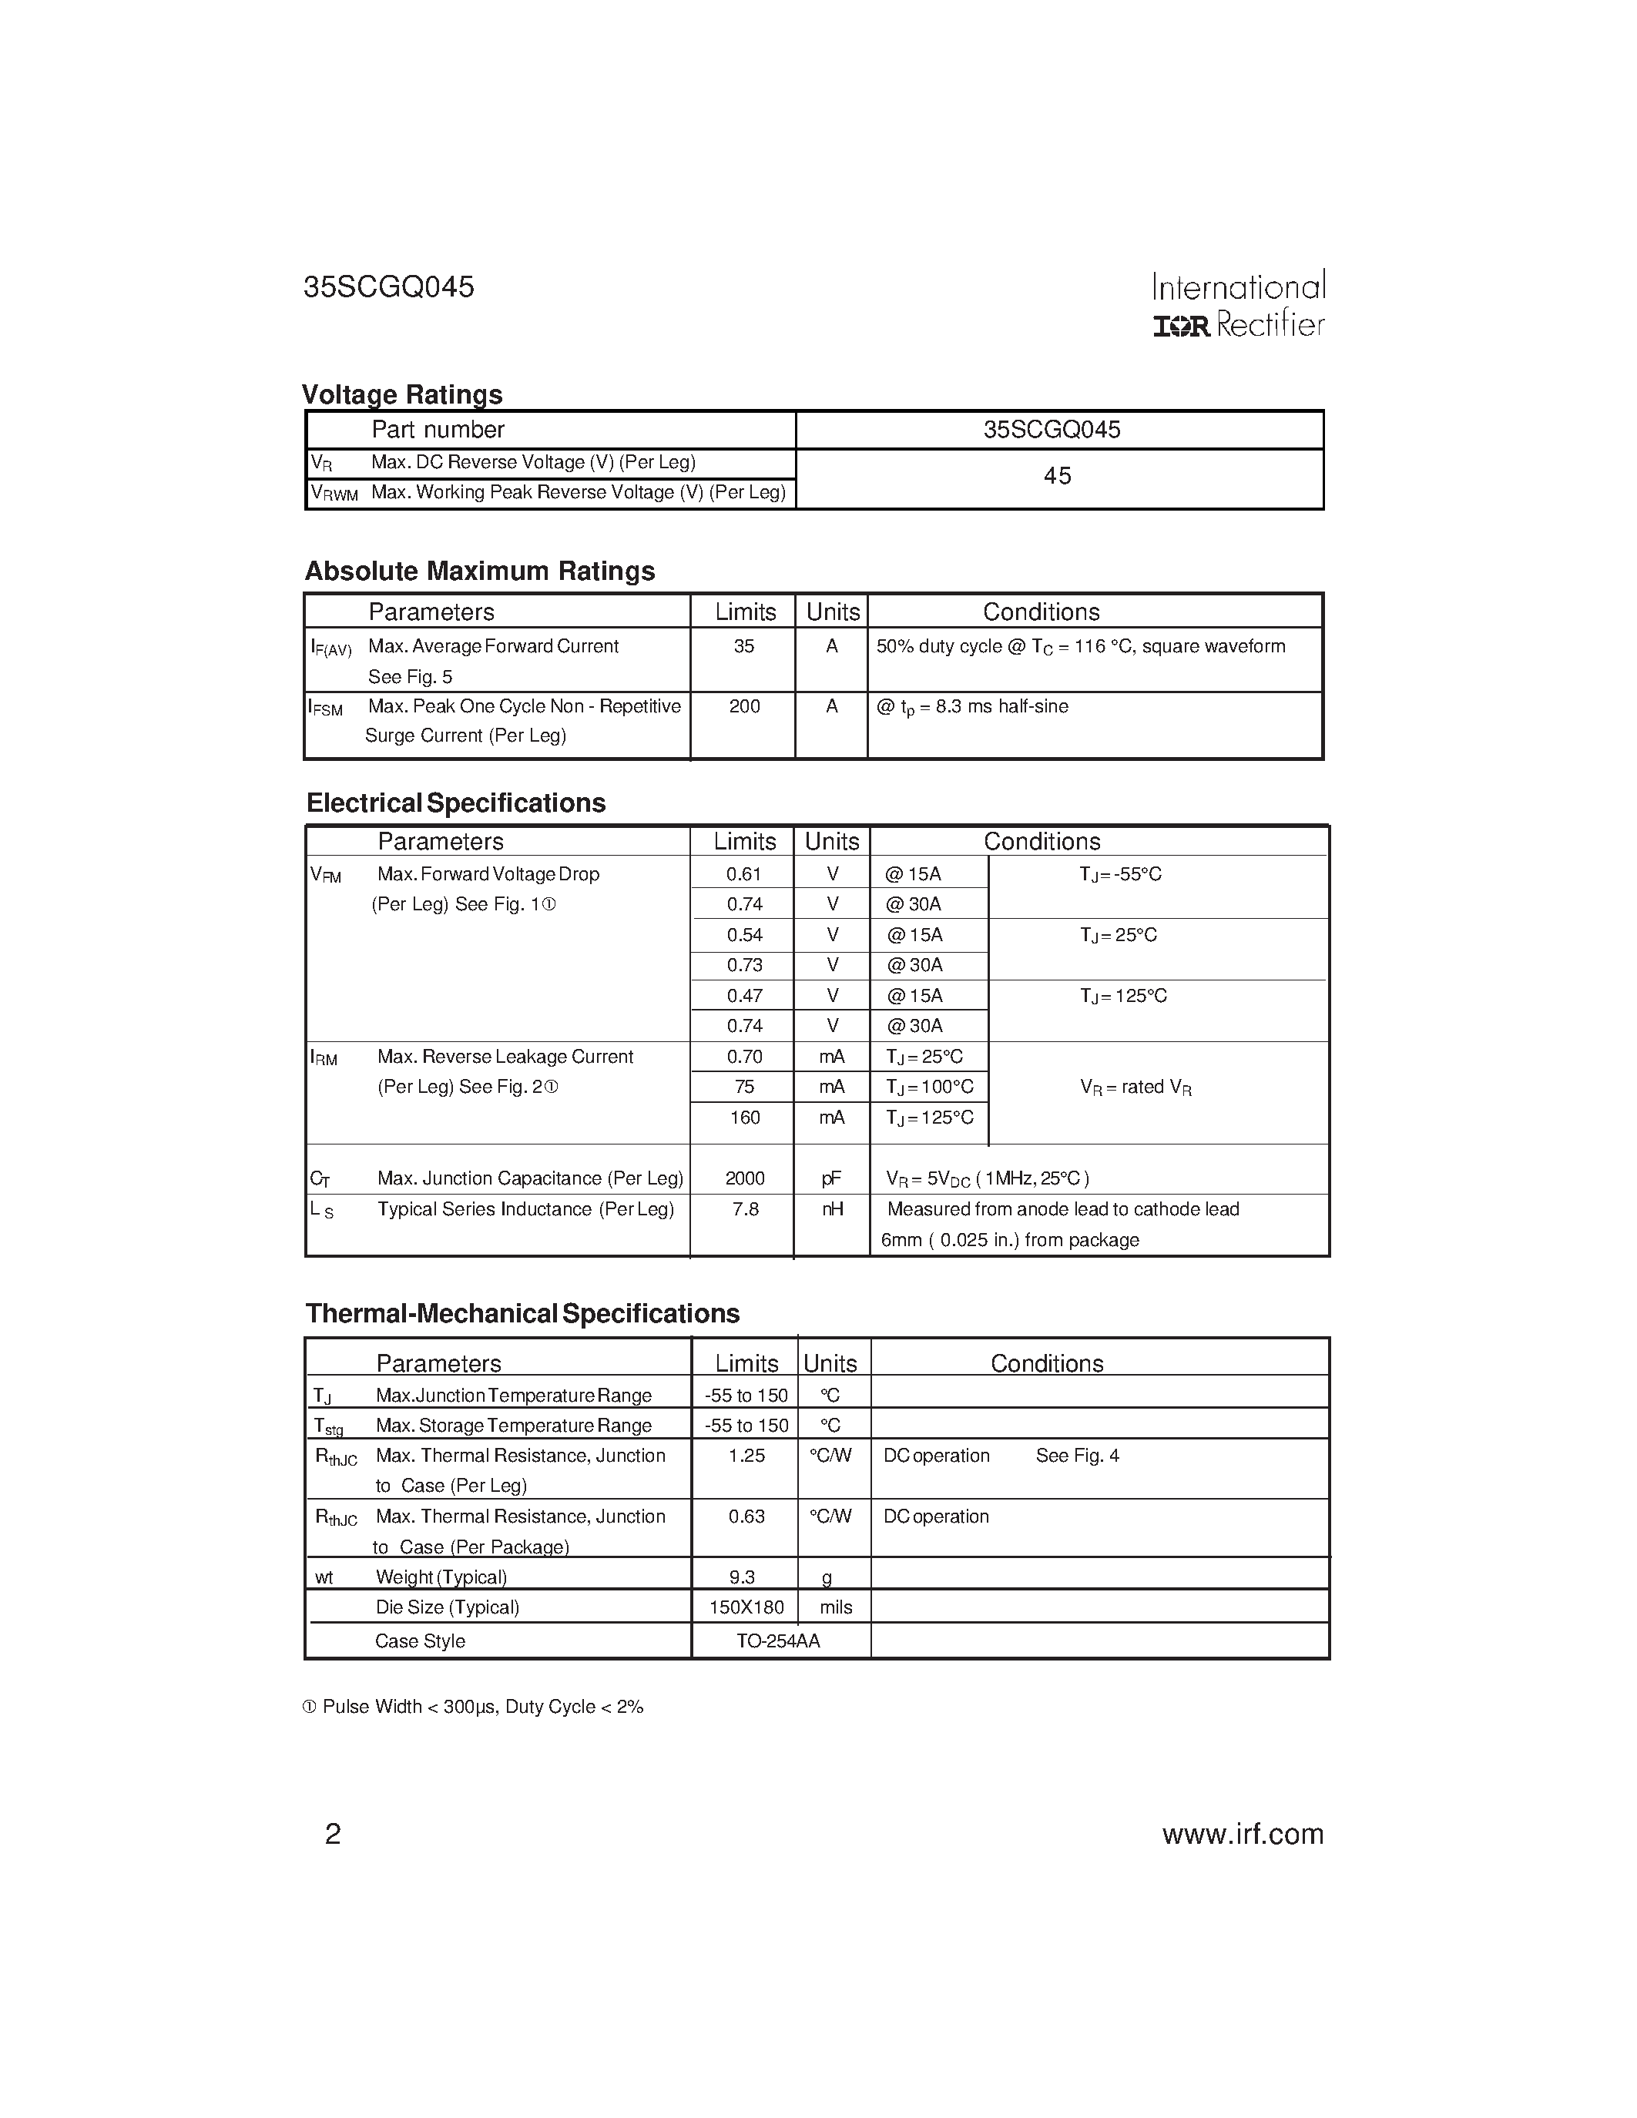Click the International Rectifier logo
1239,304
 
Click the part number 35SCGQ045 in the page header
389,287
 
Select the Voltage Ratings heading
401,394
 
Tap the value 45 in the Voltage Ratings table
1057,476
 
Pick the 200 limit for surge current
744,707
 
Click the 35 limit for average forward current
744,647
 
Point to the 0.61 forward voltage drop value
744,875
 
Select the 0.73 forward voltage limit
744,966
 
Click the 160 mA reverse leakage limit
744,1118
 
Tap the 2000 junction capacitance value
744,1179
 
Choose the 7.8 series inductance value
745,1209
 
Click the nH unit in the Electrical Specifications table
832,1209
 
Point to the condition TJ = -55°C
1120,875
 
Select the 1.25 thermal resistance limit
746,1456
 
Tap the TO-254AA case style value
778,1640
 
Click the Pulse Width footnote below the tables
473,1707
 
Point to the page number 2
333,1834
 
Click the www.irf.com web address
1243,1834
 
